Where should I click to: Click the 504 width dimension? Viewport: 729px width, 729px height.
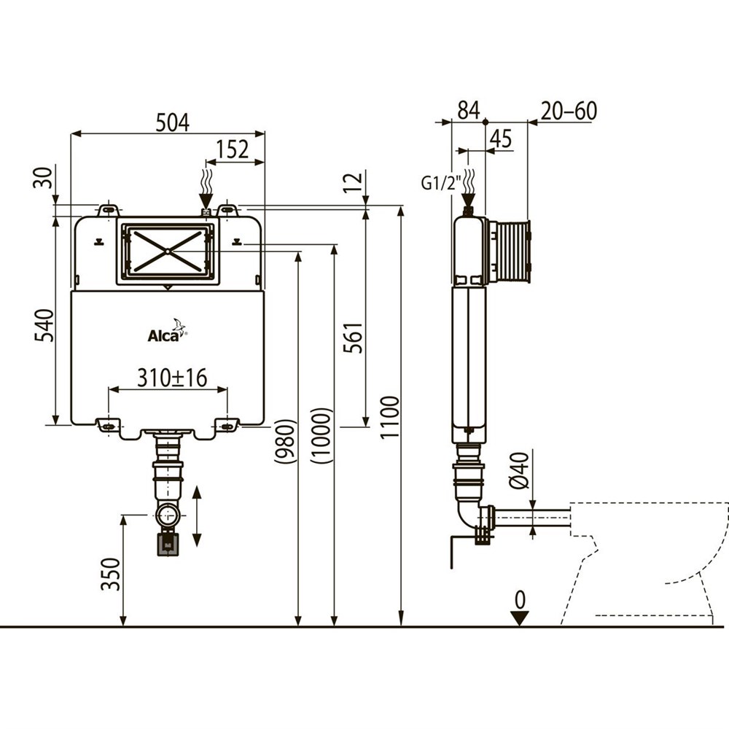[173, 122]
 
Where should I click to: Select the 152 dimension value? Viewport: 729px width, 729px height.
[233, 149]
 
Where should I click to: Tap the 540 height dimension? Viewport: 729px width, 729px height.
[44, 325]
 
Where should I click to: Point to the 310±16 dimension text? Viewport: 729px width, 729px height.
[172, 378]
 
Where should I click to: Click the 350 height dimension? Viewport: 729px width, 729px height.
[111, 574]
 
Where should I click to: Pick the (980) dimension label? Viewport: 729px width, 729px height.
[284, 441]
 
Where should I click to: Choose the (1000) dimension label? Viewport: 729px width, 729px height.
[321, 436]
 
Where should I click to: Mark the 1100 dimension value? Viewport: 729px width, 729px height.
[389, 416]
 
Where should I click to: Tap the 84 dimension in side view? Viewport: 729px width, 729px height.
[468, 111]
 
